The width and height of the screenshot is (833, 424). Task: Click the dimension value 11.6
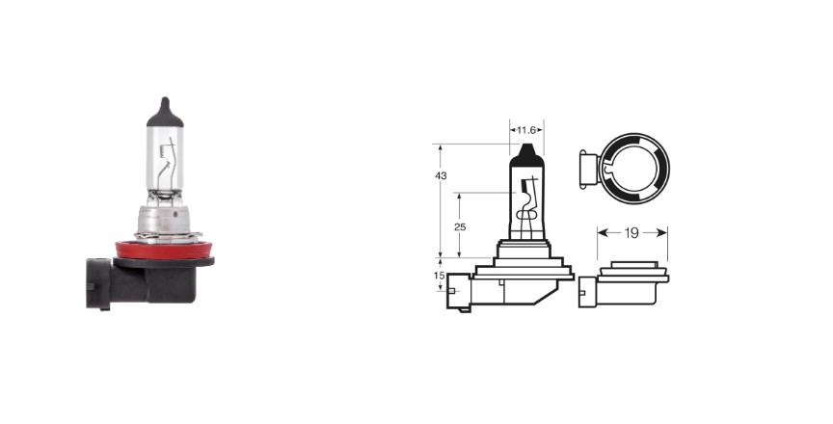point(526,130)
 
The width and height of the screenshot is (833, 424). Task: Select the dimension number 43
point(441,175)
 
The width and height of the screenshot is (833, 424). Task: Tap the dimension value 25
point(460,227)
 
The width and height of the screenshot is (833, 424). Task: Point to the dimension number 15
point(439,276)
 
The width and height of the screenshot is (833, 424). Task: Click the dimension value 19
point(631,233)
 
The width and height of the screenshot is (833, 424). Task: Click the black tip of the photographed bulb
point(165,112)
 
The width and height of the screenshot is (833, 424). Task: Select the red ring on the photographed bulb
point(164,250)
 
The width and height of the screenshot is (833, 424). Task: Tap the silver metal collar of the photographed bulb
point(165,221)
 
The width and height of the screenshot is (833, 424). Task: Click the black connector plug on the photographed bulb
point(98,283)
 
